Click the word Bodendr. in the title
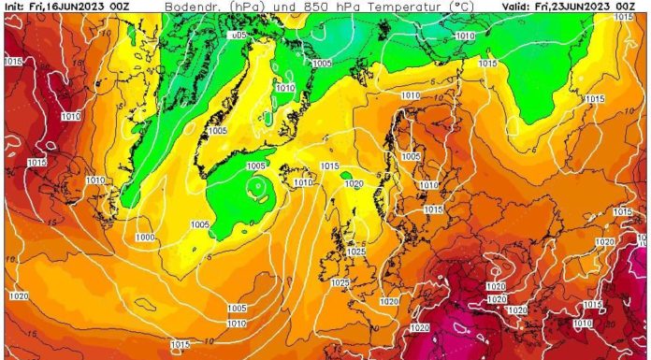193,7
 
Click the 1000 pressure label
145,238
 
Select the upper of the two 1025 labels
355,252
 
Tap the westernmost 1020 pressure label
18,295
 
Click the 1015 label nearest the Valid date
487,63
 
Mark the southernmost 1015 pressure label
181,344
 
